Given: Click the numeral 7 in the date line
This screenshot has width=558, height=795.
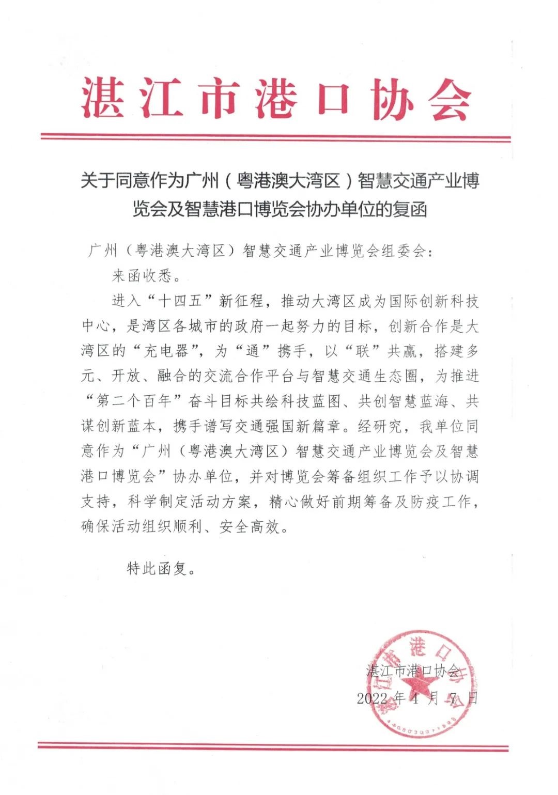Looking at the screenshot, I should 453,698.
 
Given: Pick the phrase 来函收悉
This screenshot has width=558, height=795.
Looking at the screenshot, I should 142,276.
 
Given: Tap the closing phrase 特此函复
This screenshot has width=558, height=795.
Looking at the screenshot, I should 157,569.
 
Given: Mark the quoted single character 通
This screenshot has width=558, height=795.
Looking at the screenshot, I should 252,351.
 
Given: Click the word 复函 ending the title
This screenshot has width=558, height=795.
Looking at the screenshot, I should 410,210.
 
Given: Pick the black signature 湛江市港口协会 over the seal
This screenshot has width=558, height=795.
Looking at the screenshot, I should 413,671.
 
